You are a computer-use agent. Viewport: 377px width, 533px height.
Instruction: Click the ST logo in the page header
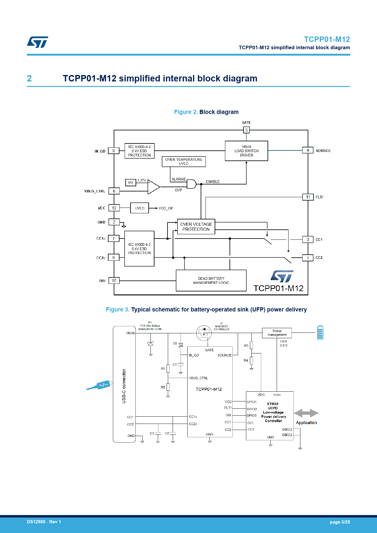[38, 42]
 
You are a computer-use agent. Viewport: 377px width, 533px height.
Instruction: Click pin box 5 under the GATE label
[246, 130]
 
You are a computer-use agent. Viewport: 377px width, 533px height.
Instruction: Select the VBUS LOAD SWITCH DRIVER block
[246, 151]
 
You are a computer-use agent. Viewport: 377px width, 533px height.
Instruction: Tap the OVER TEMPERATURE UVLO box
[184, 162]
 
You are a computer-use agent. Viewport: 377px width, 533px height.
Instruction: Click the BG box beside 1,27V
[130, 182]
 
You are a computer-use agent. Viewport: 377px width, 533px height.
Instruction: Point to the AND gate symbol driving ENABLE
[191, 184]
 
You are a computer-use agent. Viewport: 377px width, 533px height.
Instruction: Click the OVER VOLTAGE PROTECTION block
[196, 227]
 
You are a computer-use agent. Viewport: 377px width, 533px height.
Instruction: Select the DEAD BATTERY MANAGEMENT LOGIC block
[211, 280]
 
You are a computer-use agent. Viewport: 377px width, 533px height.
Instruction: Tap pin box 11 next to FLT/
[308, 197]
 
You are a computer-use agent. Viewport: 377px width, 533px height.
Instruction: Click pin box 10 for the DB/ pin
[114, 281]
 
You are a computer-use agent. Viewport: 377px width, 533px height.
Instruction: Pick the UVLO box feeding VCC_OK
[140, 208]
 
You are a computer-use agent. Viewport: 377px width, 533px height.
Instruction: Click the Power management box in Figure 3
[277, 333]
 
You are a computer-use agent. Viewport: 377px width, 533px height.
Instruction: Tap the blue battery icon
[320, 332]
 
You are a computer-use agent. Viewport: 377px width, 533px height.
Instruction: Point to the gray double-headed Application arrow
[306, 413]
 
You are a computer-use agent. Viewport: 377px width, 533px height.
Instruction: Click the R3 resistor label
[246, 346]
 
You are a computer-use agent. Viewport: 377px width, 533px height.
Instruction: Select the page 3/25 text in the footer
[340, 522]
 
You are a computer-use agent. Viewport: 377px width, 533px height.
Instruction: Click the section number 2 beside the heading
[29, 78]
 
